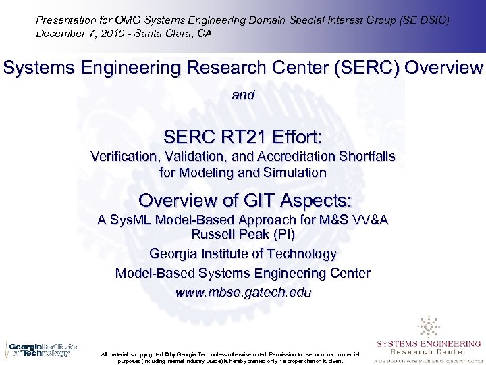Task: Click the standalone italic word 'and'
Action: [x=243, y=95]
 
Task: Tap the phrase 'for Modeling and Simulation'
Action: [x=243, y=173]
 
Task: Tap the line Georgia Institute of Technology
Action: [x=243, y=254]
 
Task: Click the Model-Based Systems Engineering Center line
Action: [x=243, y=274]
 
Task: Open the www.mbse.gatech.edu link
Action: [x=243, y=293]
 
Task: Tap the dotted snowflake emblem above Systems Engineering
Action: [x=429, y=326]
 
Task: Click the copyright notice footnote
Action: [x=230, y=358]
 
